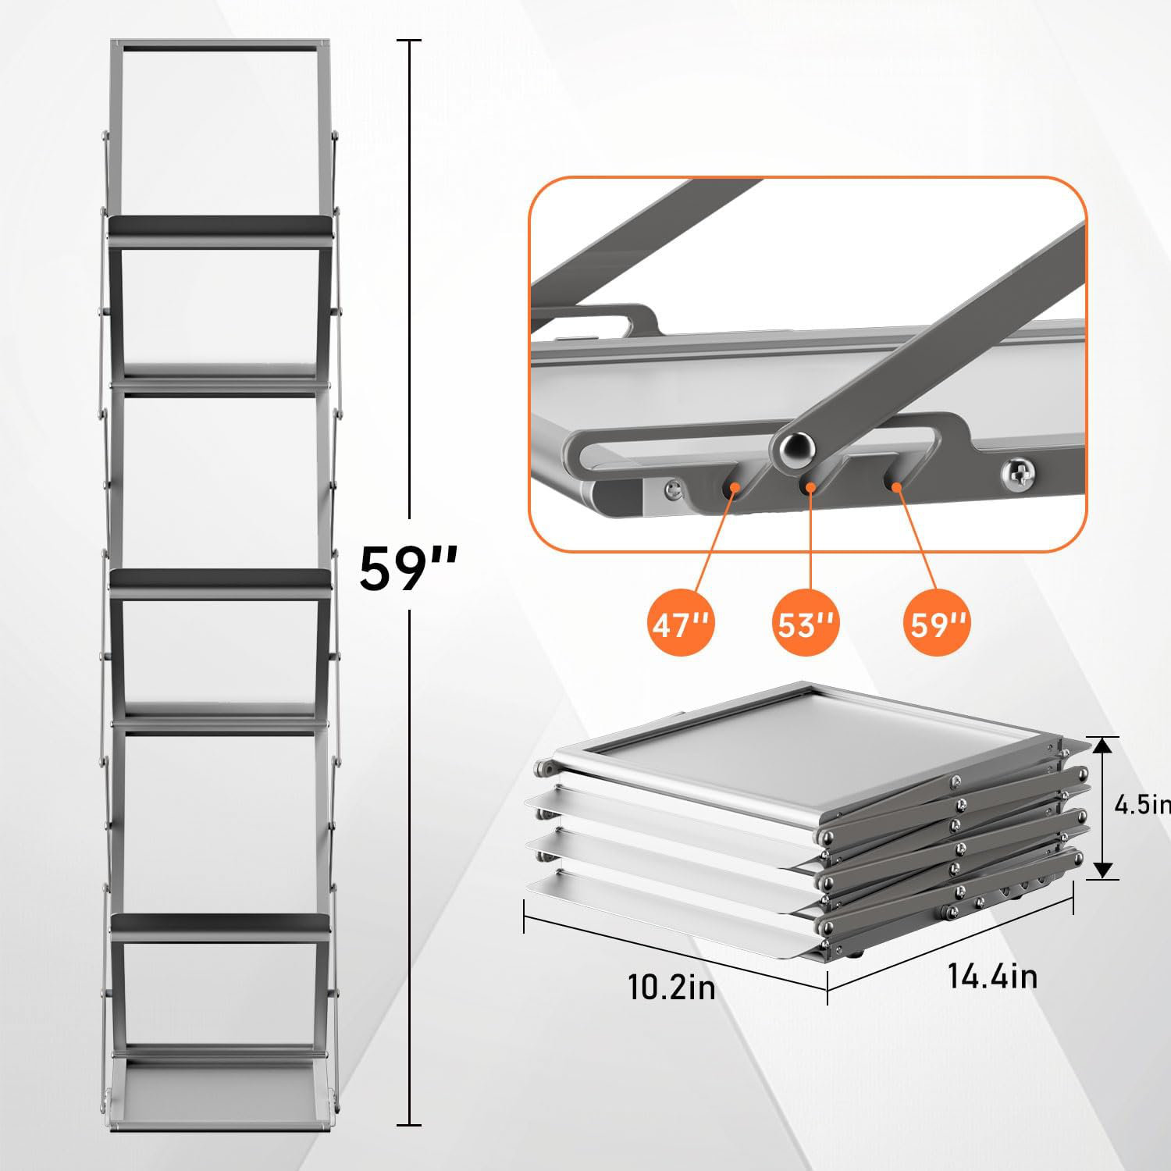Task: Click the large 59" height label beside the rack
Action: [x=408, y=569]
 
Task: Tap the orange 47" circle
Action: [x=679, y=625]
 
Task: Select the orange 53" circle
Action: [x=806, y=625]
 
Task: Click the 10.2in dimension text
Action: [x=671, y=988]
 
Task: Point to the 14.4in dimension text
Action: [x=992, y=976]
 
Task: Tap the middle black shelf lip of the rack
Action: [x=221, y=578]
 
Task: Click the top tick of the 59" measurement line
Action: [x=409, y=41]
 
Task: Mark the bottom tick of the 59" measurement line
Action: [x=409, y=1125]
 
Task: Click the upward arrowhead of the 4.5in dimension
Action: [x=1102, y=747]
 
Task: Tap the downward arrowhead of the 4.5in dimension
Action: [x=1102, y=868]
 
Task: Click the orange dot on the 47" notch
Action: [x=733, y=487]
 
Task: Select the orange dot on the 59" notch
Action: [x=897, y=487]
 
